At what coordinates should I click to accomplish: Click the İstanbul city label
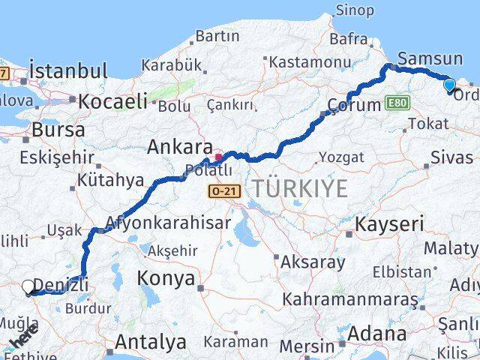[68, 72]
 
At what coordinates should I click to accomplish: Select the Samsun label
[430, 58]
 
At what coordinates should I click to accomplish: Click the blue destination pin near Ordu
[449, 86]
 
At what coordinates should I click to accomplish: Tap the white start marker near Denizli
[28, 286]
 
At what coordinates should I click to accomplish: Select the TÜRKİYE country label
[300, 189]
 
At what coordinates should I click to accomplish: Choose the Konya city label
[166, 280]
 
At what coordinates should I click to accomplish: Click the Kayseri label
[389, 223]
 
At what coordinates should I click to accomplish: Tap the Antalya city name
[151, 343]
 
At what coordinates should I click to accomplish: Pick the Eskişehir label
[57, 158]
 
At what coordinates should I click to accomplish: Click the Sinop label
[354, 10]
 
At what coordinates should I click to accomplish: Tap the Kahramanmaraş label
[349, 299]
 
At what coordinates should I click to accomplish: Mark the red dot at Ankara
[218, 157]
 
